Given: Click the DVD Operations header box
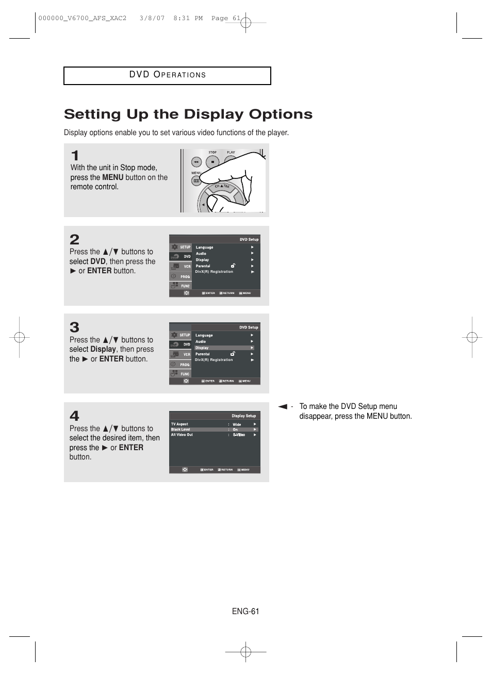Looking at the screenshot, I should click(x=167, y=75).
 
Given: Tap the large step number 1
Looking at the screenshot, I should click(x=75, y=155).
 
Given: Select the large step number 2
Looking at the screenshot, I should click(x=75, y=239).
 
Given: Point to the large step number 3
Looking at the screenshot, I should click(x=75, y=327).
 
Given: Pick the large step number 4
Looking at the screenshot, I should click(x=75, y=416).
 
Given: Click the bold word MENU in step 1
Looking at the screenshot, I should click(x=112, y=177).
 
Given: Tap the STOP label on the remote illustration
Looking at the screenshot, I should click(x=212, y=153).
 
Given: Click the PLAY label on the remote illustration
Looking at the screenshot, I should click(x=231, y=153).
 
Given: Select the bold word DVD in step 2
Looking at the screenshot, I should click(x=98, y=261).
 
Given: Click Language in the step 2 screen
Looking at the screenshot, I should click(x=204, y=248).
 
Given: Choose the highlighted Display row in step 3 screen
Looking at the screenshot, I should click(x=224, y=348).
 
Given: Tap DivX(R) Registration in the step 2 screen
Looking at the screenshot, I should click(x=214, y=272).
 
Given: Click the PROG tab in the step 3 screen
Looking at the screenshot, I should click(x=185, y=365).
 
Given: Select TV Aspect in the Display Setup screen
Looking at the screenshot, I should click(x=179, y=424).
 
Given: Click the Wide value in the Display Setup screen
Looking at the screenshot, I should click(x=237, y=424).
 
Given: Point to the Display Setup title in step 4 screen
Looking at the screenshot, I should click(x=243, y=416).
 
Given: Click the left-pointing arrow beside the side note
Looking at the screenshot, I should click(x=283, y=407).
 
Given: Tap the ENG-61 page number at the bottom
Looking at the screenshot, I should click(x=245, y=611).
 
